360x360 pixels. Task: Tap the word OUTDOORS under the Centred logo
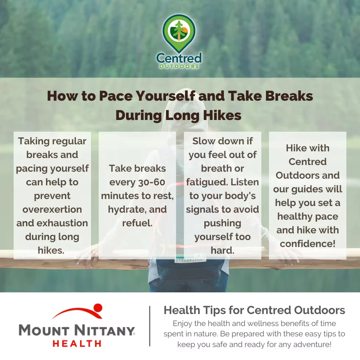pos(179,66)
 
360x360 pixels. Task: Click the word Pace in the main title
pos(116,96)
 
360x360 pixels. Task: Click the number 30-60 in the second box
pos(152,182)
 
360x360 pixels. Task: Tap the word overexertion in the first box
pos(52,209)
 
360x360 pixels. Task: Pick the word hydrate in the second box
pos(127,210)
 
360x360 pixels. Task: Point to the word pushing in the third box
pos(223,223)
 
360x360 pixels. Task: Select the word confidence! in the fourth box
pos(308,244)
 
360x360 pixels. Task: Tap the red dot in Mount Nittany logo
pos(98,307)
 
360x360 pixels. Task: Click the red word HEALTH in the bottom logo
pos(77,343)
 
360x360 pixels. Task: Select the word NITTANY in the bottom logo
pos(105,331)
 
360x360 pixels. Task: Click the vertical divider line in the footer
pos(150,326)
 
